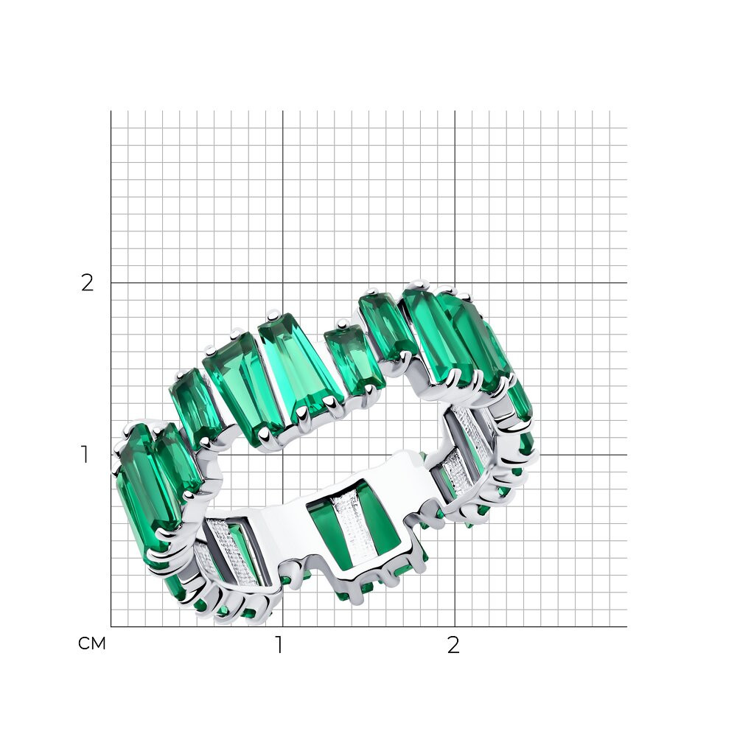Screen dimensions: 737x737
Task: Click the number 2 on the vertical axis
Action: click(88, 283)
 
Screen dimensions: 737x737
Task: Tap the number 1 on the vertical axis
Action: click(85, 455)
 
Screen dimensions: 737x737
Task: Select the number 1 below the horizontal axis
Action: click(279, 646)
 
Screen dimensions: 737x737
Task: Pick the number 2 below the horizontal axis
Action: click(453, 646)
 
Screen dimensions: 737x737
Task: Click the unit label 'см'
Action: click(92, 643)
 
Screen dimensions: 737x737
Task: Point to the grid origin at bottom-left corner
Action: click(111, 626)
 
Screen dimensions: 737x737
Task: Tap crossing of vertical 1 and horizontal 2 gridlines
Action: click(282, 283)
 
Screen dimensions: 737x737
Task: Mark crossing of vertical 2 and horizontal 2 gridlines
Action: click(455, 283)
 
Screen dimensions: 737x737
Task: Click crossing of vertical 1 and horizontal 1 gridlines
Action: click(282, 455)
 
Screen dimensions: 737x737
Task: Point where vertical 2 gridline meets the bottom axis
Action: click(455, 626)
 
